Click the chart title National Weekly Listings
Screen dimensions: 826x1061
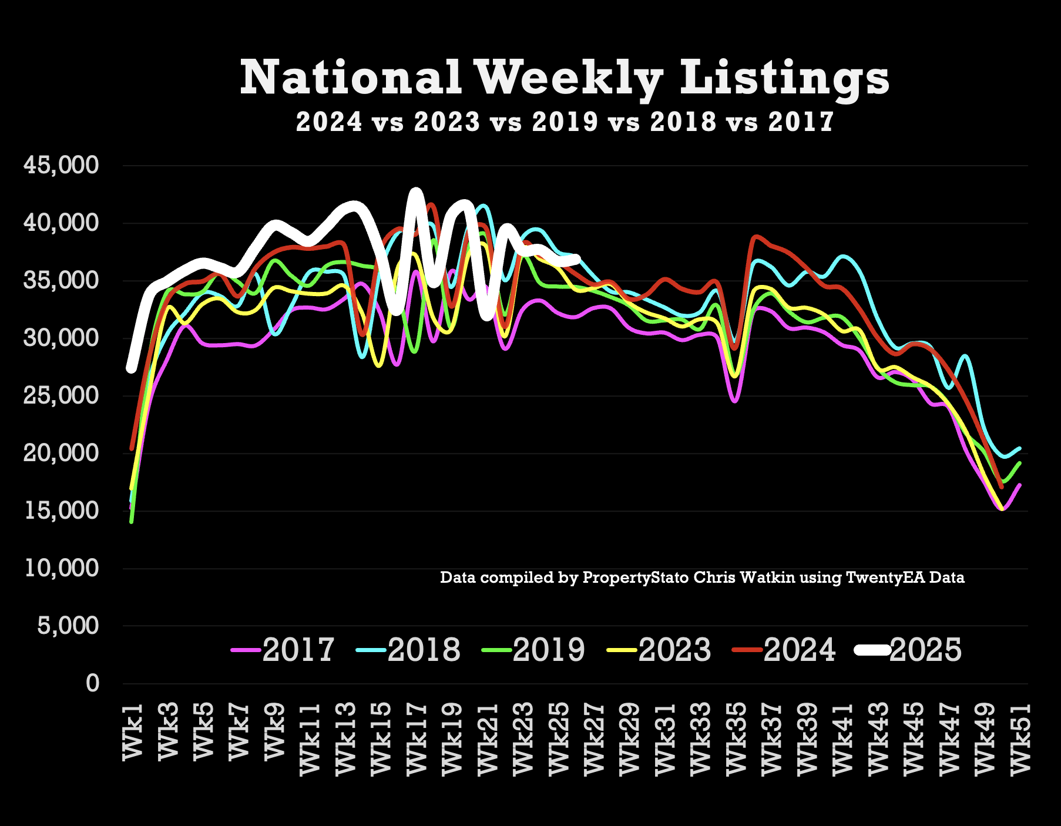click(x=565, y=78)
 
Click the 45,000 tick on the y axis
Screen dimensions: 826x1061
click(x=61, y=166)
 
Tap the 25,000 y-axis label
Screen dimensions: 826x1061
click(x=61, y=395)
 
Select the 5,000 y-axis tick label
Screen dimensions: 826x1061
click(x=68, y=626)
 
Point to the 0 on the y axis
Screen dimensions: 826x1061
click(x=92, y=683)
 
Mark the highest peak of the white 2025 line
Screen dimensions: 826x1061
click(x=416, y=193)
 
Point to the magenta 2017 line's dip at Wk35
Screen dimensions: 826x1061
click(x=735, y=401)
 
